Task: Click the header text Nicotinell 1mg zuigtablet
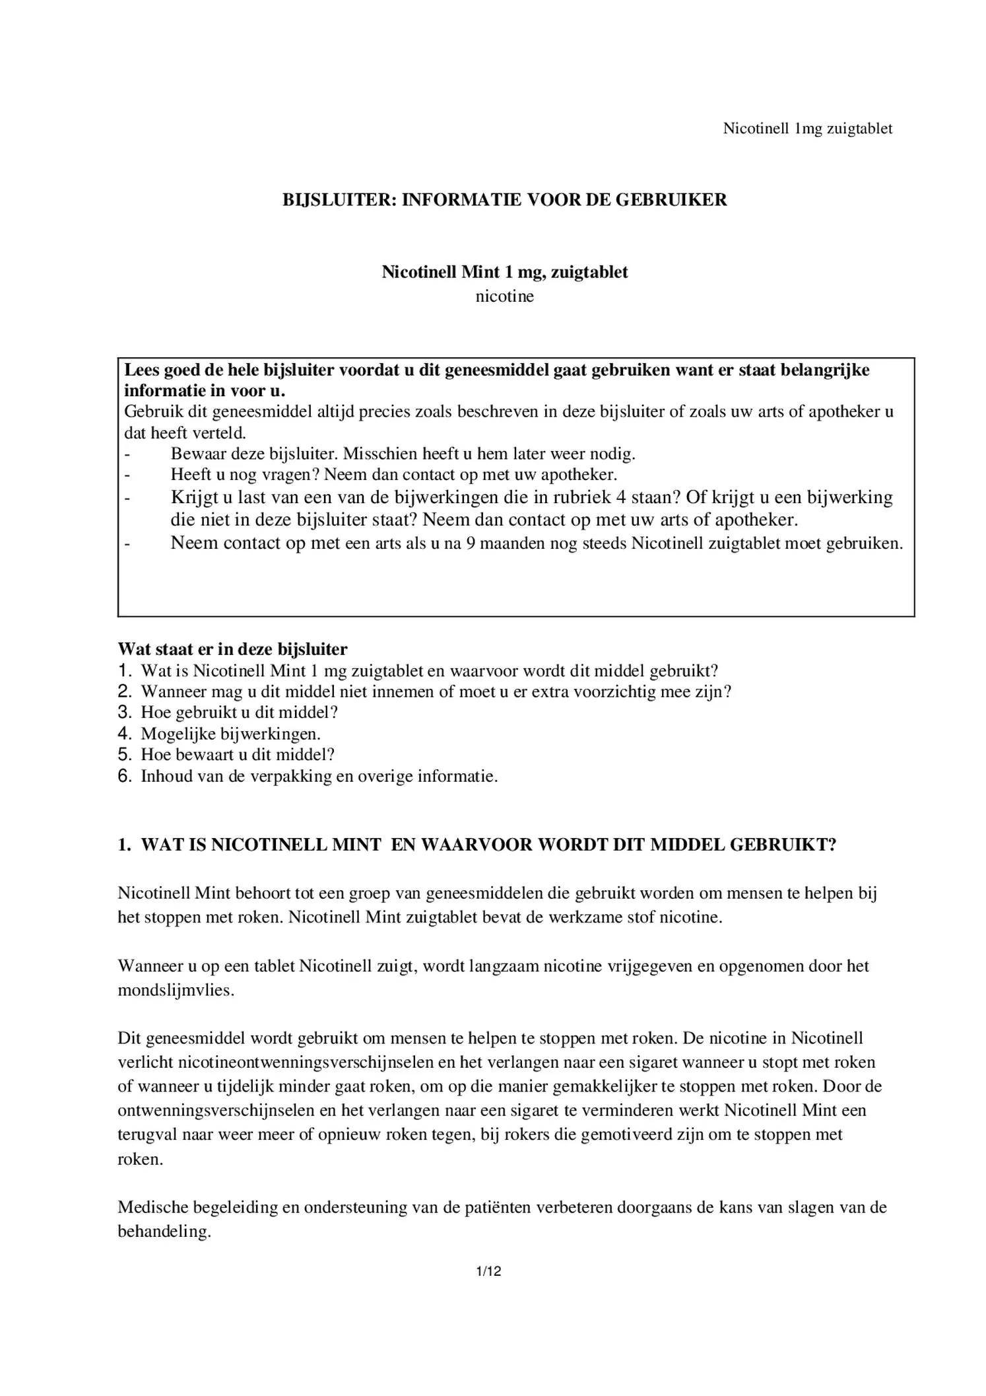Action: click(x=807, y=128)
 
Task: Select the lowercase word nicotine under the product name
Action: click(x=504, y=297)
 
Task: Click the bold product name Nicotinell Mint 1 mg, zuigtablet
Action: click(x=504, y=272)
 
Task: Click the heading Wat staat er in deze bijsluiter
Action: click(x=232, y=649)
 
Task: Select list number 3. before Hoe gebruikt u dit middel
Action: click(x=125, y=713)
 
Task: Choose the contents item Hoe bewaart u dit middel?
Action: click(x=238, y=755)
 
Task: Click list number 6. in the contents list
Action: click(x=125, y=776)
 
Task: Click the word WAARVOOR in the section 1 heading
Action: click(x=477, y=845)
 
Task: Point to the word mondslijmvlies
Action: click(x=175, y=991)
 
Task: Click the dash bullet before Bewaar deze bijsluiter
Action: click(x=128, y=454)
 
